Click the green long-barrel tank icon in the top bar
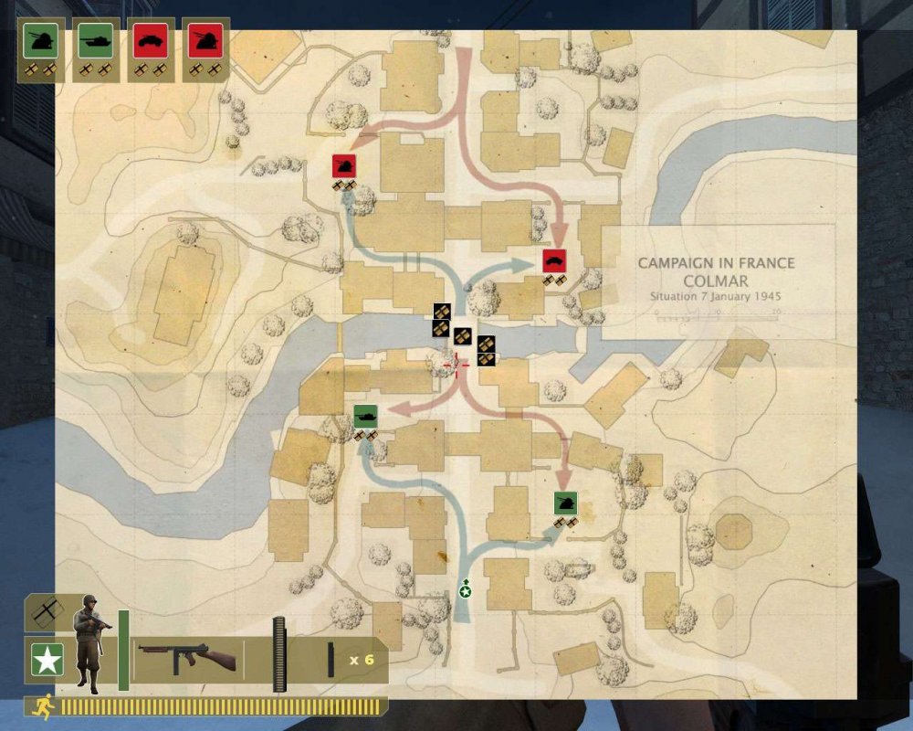95,40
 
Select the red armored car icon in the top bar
150,40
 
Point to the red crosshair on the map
456,365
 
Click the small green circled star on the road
466,591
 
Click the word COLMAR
716,281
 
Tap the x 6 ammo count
362,660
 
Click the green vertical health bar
123,650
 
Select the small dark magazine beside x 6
331,660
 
